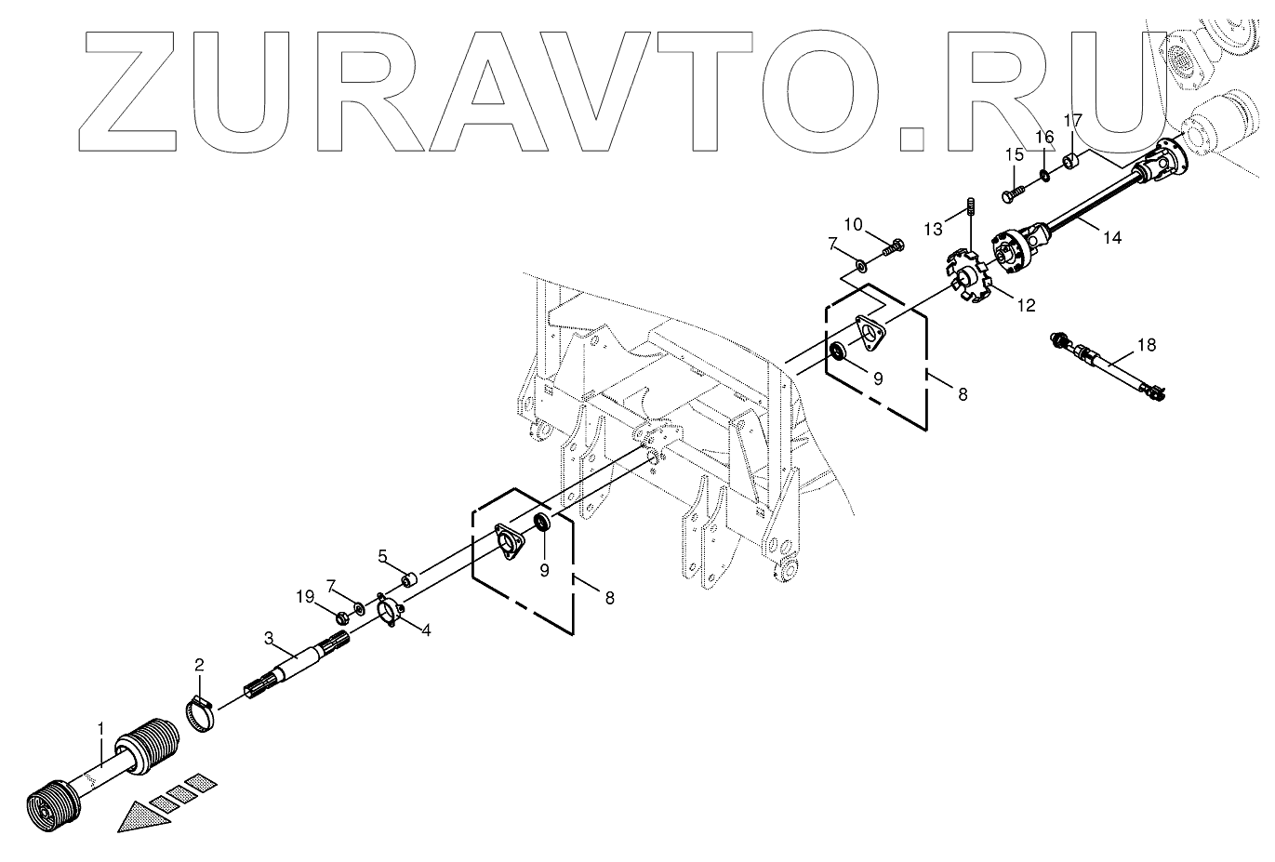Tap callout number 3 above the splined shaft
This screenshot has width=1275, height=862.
268,638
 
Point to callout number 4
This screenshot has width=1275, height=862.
425,630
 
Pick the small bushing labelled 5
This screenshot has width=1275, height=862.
408,581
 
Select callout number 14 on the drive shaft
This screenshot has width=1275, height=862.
1111,238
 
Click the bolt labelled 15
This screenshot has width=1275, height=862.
1013,193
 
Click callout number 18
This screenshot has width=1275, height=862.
1147,345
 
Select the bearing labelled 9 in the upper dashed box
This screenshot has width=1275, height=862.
837,350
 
